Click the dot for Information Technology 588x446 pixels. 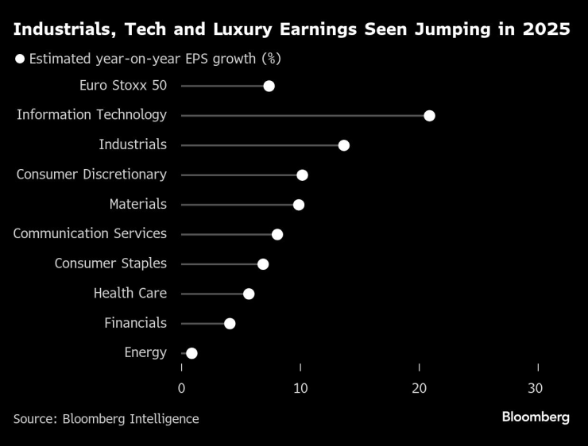pyautogui.click(x=429, y=116)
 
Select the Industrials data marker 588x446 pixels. pyautogui.click(x=343, y=145)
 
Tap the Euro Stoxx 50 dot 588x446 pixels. pyautogui.click(x=269, y=86)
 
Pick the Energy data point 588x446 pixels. pyautogui.click(x=191, y=353)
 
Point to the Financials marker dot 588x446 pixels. pyautogui.click(x=230, y=323)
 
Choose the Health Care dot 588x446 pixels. pyautogui.click(x=249, y=294)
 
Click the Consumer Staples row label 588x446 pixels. pyautogui.click(x=110, y=263)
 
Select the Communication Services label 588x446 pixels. pyautogui.click(x=90, y=233)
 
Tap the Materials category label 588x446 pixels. pyautogui.click(x=138, y=204)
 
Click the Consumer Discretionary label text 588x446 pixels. pyautogui.click(x=91, y=175)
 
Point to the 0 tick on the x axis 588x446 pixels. pyautogui.click(x=182, y=388)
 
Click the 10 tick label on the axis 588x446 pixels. pyautogui.click(x=300, y=388)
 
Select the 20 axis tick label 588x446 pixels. pyautogui.click(x=420, y=388)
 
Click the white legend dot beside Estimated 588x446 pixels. pyautogui.click(x=20, y=59)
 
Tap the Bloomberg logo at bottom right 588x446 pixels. pyautogui.click(x=536, y=417)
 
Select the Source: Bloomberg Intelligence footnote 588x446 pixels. pyautogui.click(x=106, y=418)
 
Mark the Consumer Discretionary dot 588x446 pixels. pyautogui.click(x=302, y=175)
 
